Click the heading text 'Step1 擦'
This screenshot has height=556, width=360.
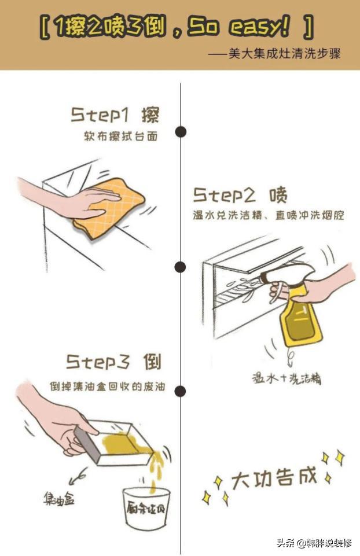115,115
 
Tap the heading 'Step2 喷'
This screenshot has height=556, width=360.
240,194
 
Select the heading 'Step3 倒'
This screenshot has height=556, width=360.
113,362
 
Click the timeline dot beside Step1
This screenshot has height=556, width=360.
181,132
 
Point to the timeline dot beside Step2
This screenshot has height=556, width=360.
181,267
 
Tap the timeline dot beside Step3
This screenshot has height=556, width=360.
181,391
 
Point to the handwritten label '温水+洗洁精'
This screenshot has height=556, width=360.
286,378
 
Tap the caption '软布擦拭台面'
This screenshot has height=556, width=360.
120,137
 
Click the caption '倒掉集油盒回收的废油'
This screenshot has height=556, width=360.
107,386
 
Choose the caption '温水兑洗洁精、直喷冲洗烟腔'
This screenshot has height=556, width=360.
269,215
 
